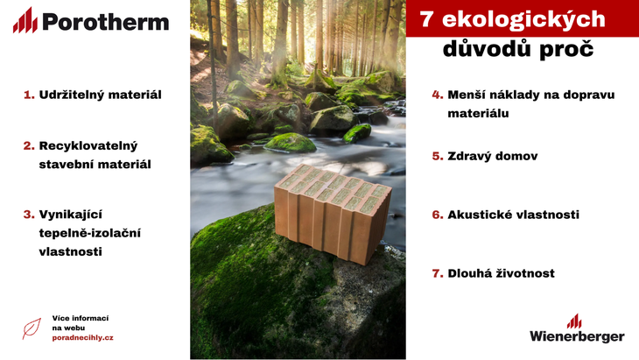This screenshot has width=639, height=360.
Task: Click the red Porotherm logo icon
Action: coord(25,20)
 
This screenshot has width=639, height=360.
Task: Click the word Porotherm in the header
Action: coord(106,22)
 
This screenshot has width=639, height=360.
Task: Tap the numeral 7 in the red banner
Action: coord(426,19)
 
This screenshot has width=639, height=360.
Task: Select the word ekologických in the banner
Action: coord(523,19)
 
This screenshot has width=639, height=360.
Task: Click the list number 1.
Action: coord(29,95)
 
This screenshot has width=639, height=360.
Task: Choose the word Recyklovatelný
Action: coord(88,146)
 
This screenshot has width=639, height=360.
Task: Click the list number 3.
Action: coord(29,215)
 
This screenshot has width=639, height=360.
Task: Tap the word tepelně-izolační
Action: coord(89,233)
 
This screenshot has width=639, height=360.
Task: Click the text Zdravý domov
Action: coord(492,156)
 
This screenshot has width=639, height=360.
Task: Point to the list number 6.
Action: coord(438,215)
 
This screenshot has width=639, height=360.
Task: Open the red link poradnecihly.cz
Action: coord(83,338)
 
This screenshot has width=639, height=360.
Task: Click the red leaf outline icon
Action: coord(32,328)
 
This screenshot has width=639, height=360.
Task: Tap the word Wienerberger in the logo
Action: coord(577,336)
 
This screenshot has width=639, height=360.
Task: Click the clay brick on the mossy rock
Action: coord(332,213)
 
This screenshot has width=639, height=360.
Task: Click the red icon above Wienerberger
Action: coord(574,321)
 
